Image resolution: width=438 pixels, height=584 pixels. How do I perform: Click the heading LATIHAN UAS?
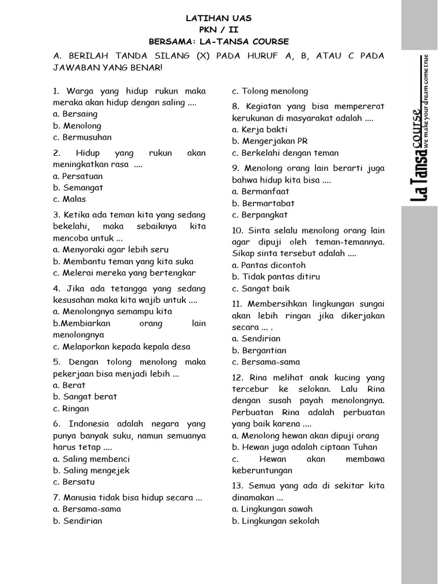pos(218,18)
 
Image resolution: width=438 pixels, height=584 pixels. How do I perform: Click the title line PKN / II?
pos(218,30)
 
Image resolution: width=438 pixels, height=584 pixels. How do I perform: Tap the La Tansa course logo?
pos(420,128)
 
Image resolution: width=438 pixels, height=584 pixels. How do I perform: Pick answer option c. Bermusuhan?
pos(82,137)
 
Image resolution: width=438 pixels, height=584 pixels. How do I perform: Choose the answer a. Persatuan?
pos(78,176)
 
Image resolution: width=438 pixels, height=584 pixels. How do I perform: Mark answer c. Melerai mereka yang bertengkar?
pos(124,273)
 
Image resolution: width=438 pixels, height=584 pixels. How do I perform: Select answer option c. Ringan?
pos(71,408)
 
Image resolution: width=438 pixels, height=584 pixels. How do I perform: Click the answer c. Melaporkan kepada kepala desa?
pos(121,347)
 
